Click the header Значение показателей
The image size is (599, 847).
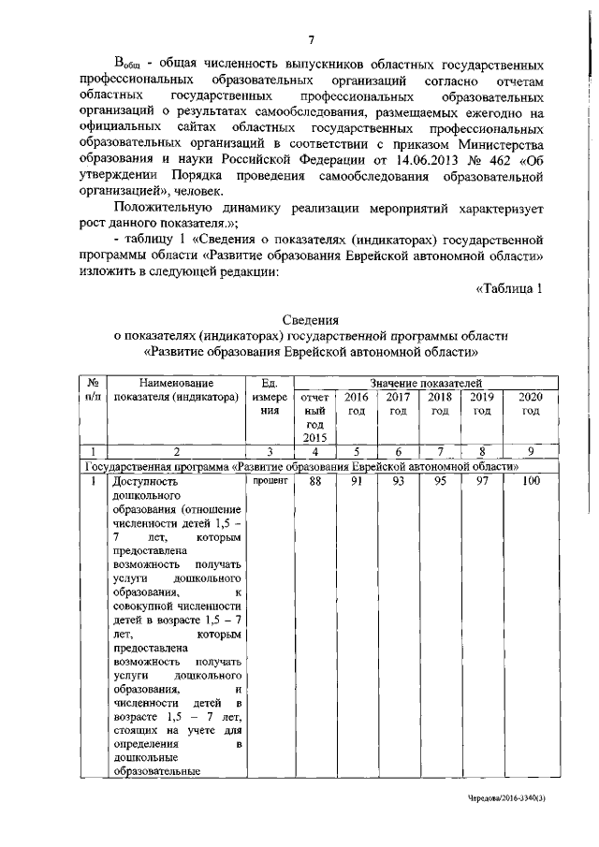tap(426, 383)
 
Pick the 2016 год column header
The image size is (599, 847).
tap(357, 403)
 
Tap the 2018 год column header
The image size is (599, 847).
tap(440, 403)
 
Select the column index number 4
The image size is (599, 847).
tap(315, 452)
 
